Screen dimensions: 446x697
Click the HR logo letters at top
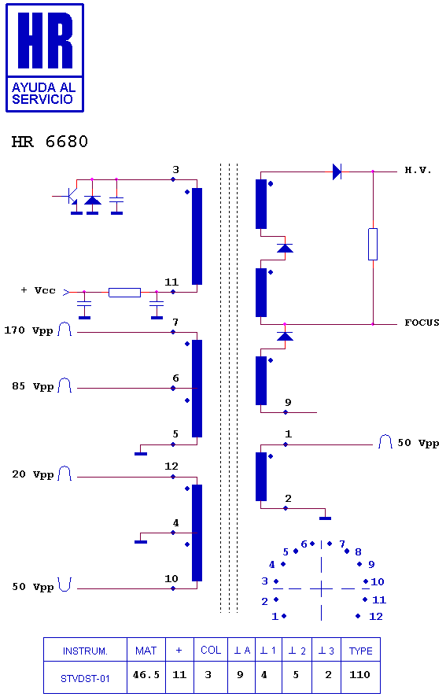(x=45, y=40)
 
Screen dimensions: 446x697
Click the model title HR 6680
(x=50, y=142)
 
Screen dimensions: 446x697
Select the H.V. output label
(x=418, y=170)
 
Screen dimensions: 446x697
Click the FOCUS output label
(x=422, y=323)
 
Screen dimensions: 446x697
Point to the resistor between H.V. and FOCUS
(x=373, y=244)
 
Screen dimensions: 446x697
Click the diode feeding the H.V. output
(x=337, y=171)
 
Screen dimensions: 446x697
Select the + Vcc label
(x=39, y=290)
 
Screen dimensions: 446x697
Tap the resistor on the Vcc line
(x=124, y=293)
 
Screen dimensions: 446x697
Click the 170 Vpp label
(x=28, y=330)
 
